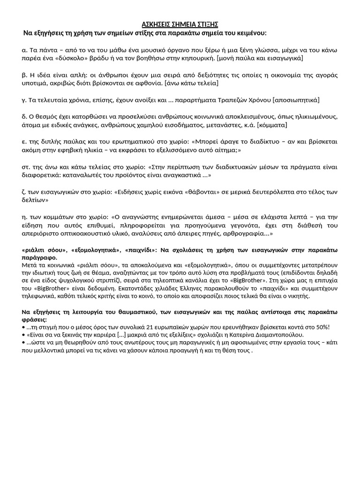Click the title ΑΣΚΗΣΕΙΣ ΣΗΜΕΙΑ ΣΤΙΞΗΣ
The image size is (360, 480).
180,25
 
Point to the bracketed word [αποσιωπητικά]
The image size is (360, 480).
297,100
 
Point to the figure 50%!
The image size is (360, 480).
321,327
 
